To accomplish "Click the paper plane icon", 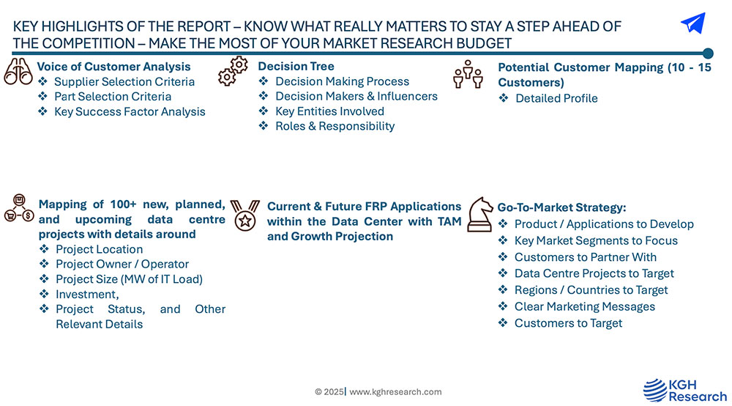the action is (x=693, y=23).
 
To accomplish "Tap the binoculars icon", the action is (x=18, y=72).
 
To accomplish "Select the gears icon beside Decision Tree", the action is (x=233, y=71).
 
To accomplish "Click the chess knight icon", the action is (x=480, y=215).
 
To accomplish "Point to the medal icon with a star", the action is (x=245, y=215).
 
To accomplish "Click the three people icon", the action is (x=468, y=74).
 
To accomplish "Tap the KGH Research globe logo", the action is (x=655, y=390).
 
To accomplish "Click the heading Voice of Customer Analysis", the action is (x=114, y=67).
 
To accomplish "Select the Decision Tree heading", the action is (x=296, y=66).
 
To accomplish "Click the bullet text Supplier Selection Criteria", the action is (x=124, y=81).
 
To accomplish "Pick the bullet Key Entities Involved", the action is (x=329, y=111).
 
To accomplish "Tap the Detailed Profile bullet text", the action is (x=556, y=98).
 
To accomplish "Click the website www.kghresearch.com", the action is (x=395, y=391).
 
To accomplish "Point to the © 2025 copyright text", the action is (x=329, y=391).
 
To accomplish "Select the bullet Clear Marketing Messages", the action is (x=584, y=306).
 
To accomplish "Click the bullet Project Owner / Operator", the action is (x=122, y=264).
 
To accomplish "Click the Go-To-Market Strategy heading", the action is (x=561, y=207).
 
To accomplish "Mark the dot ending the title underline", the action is (x=708, y=53).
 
